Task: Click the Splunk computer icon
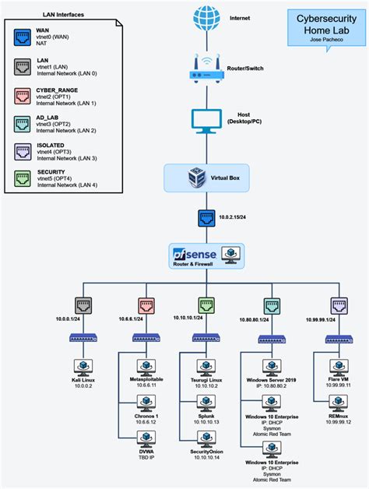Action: tap(206, 403)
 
